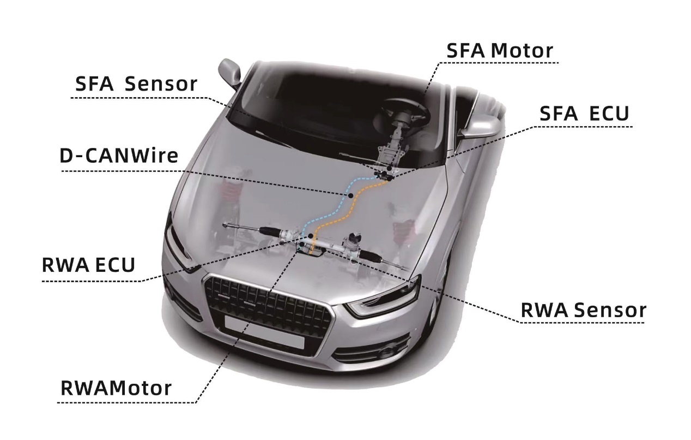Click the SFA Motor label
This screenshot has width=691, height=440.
500,51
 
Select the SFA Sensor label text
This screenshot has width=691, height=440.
136,84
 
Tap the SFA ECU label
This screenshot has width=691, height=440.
584,113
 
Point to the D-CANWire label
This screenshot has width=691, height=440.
119,156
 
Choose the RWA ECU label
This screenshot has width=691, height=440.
88,265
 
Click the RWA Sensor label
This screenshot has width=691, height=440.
583,310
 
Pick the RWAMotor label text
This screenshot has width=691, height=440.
116,388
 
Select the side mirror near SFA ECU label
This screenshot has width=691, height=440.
480,125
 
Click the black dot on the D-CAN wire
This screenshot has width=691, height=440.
350,195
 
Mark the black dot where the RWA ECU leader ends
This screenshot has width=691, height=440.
310,236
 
